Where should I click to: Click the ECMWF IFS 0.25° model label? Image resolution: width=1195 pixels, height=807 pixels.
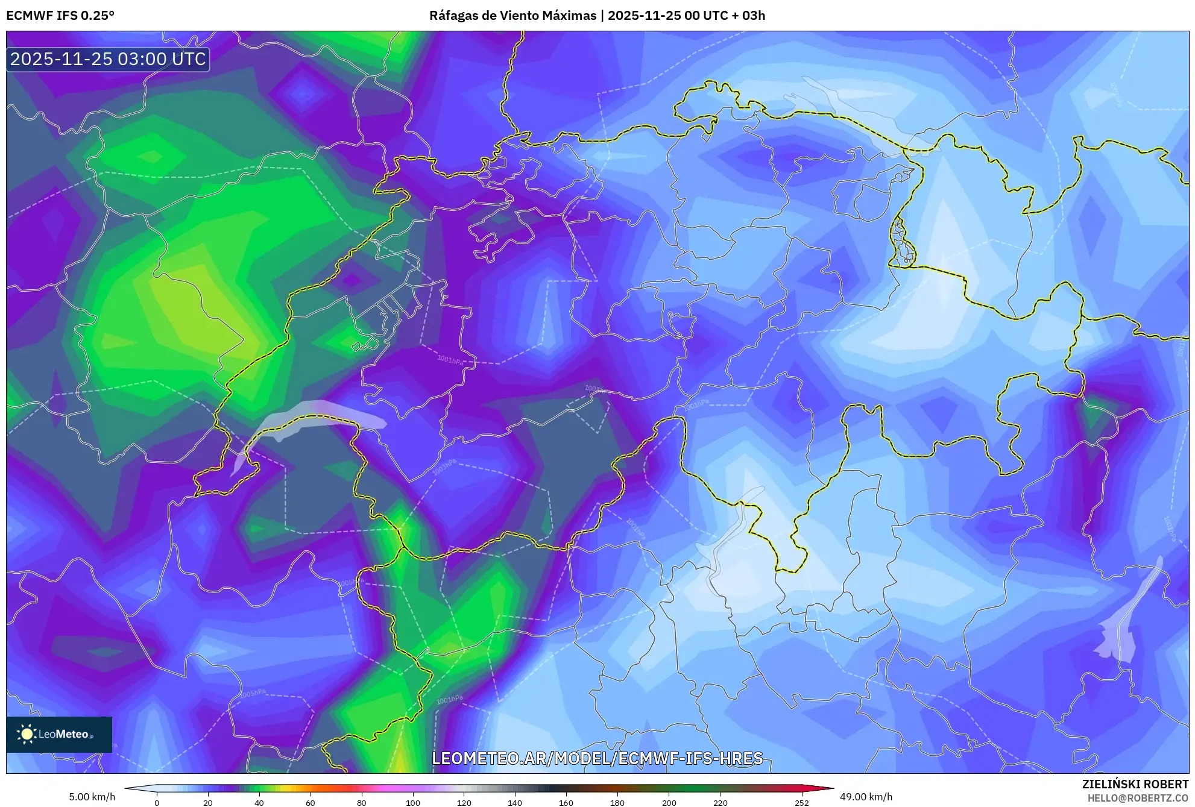pos(60,16)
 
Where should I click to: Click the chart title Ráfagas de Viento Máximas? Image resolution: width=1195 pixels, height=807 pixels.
pos(512,16)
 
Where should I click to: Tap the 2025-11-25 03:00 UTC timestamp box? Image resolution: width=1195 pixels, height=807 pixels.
pos(108,59)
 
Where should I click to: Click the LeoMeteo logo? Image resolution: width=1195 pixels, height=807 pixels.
pos(59,734)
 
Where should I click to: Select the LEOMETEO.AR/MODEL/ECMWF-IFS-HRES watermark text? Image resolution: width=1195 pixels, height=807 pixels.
pos(597,758)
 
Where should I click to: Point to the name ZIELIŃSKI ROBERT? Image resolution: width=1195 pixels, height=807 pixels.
pos(1135,784)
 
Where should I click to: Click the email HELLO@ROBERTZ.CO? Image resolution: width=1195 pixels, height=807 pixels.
pos(1137,798)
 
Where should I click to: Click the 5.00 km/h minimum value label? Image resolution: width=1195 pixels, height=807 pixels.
pos(92,797)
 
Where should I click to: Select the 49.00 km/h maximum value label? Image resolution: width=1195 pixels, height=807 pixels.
pos(866,797)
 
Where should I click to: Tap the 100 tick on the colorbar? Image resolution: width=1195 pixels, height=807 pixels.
pos(413,803)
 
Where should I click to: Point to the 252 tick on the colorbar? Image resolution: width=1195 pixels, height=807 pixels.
pos(801,803)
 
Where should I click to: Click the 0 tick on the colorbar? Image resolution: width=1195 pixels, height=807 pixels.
pos(157,803)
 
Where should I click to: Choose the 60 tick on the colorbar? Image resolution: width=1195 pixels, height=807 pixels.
pos(311,803)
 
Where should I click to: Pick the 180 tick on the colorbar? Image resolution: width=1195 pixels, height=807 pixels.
pos(617,803)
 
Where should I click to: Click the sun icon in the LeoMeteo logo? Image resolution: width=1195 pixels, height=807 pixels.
pos(27,734)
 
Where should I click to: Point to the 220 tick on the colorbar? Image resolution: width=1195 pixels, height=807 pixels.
pos(720,803)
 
